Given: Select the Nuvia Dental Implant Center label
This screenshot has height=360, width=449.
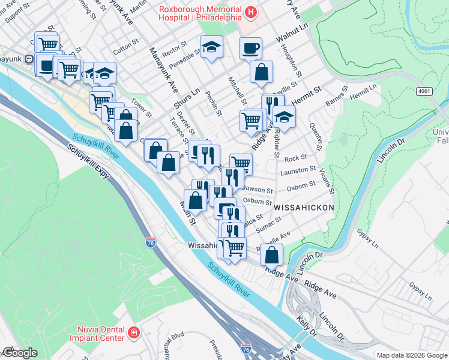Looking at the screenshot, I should pos(100,333).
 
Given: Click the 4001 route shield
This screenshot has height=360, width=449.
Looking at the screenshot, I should pos(424,91).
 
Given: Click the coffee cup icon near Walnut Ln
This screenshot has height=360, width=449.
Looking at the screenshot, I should pos(250,47).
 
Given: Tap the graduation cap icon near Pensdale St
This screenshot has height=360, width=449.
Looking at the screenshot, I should pos(211,46).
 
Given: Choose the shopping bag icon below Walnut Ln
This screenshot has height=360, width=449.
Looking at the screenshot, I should pos(262,73).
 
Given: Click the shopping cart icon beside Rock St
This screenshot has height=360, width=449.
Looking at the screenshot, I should pos(241,163).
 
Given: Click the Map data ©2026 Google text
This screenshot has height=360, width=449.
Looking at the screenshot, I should pos(412,355).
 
